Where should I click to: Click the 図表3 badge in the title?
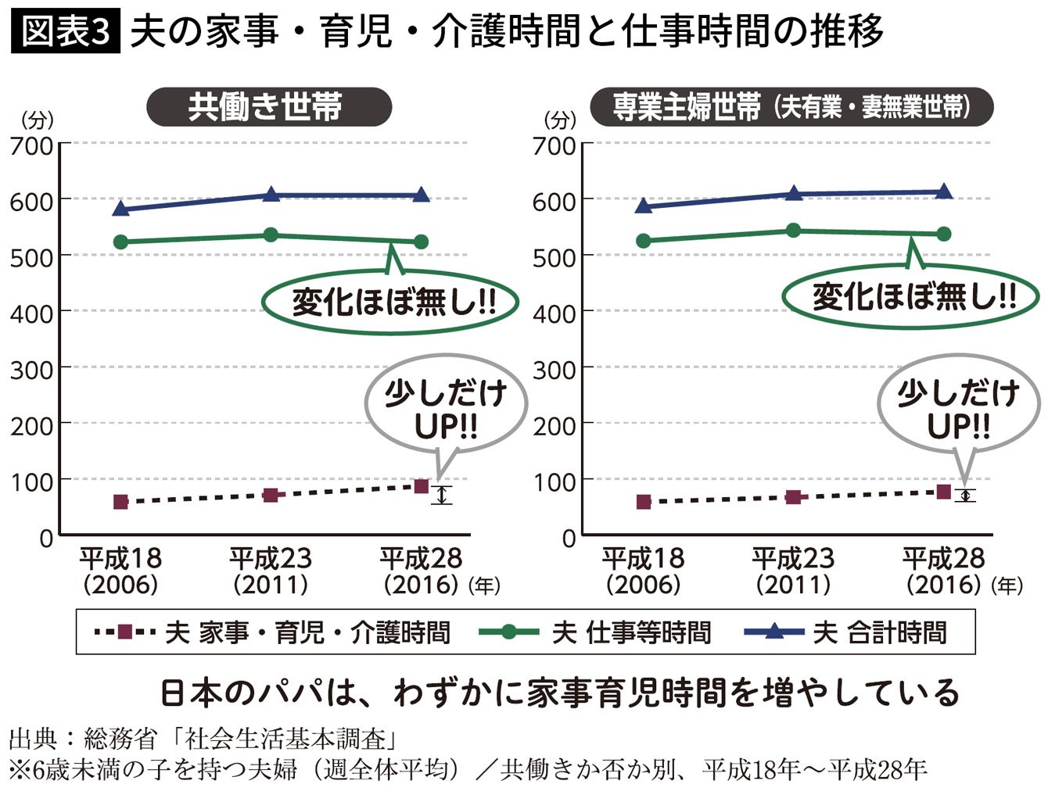click(66, 32)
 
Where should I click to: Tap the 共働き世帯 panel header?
click(268, 106)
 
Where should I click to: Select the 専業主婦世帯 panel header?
click(791, 106)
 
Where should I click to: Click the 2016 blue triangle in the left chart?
click(421, 195)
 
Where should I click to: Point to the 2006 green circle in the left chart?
click(121, 242)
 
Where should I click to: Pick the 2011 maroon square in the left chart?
click(271, 495)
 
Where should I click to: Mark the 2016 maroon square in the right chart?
click(943, 492)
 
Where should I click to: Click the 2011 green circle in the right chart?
click(793, 230)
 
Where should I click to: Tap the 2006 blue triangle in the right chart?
click(644, 206)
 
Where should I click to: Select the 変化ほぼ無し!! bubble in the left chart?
click(391, 302)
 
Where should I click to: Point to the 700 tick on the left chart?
click(31, 145)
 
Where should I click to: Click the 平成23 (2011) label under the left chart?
click(271, 571)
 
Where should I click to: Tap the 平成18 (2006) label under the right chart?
click(643, 571)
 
